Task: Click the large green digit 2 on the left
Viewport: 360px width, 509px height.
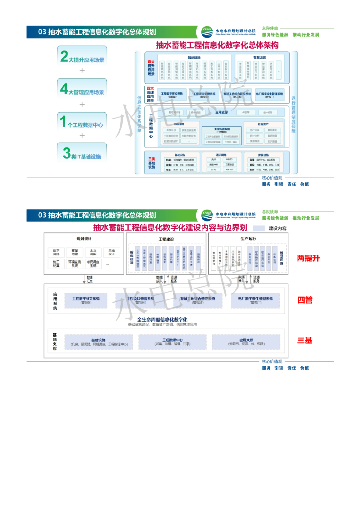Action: (64, 56)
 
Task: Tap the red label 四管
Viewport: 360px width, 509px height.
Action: (305, 300)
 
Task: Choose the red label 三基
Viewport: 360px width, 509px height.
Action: (305, 340)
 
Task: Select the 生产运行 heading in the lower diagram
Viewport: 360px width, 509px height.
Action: (248, 239)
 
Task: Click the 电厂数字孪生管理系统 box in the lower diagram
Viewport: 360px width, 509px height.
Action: (255, 300)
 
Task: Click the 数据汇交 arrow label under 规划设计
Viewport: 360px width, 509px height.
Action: (90, 280)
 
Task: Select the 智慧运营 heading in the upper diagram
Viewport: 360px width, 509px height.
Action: (260, 58)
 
